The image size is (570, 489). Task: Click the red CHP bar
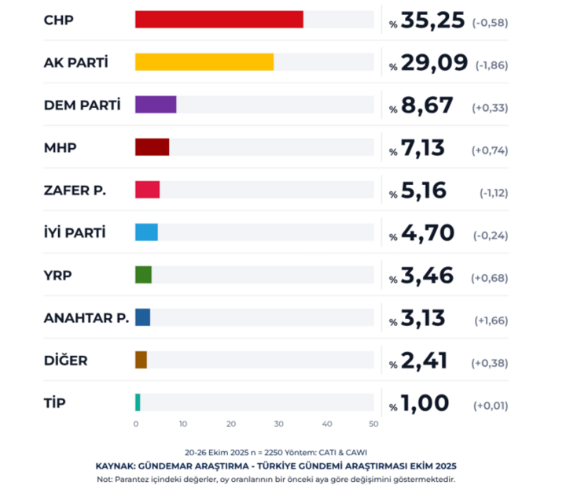[219, 20]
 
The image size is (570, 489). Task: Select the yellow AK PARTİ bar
[204, 61]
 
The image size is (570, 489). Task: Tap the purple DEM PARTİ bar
[156, 104]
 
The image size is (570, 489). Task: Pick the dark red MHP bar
[152, 146]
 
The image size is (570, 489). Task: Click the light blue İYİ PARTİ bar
[146, 232]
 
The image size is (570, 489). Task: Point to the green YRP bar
[143, 275]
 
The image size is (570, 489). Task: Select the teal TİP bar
[138, 402]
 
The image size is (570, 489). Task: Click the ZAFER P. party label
[75, 190]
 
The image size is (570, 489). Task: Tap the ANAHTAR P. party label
[86, 318]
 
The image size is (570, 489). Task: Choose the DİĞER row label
[66, 361]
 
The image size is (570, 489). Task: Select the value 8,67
[423, 105]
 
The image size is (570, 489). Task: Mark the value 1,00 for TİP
[425, 403]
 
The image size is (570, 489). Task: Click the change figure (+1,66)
[490, 320]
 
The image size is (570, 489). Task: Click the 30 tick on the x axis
[279, 424]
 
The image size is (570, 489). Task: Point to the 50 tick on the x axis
[374, 424]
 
